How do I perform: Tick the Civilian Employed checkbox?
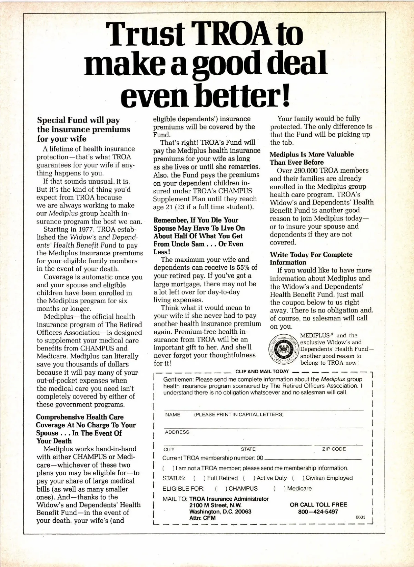point(298,478)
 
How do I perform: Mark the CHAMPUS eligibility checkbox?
point(221,489)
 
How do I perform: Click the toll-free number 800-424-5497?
point(318,512)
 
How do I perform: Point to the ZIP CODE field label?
point(334,449)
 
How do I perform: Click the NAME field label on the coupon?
point(172,415)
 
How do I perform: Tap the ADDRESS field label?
point(177,432)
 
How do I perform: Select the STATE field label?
point(248,449)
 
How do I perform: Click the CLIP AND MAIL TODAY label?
point(262,372)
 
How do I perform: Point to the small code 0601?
point(360,518)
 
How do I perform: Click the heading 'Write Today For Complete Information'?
point(311,258)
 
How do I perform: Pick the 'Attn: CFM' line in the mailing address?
point(203,518)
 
